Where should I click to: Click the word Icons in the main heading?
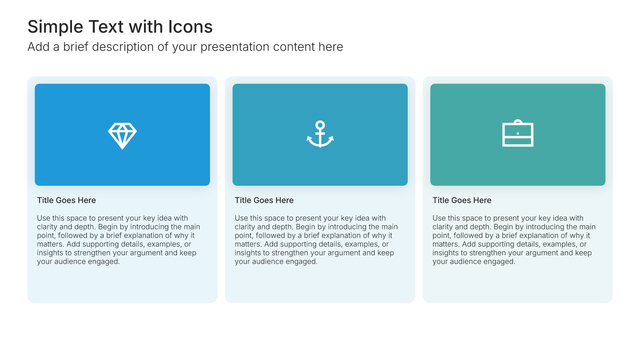pyautogui.click(x=190, y=27)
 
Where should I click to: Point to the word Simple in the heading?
pyautogui.click(x=55, y=27)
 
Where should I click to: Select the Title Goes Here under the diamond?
pyautogui.click(x=66, y=200)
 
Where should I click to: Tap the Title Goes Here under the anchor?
pyautogui.click(x=264, y=200)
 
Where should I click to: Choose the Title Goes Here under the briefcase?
pyautogui.click(x=462, y=200)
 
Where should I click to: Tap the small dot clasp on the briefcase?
pyautogui.click(x=518, y=134)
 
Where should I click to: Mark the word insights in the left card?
pyautogui.click(x=50, y=253)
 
